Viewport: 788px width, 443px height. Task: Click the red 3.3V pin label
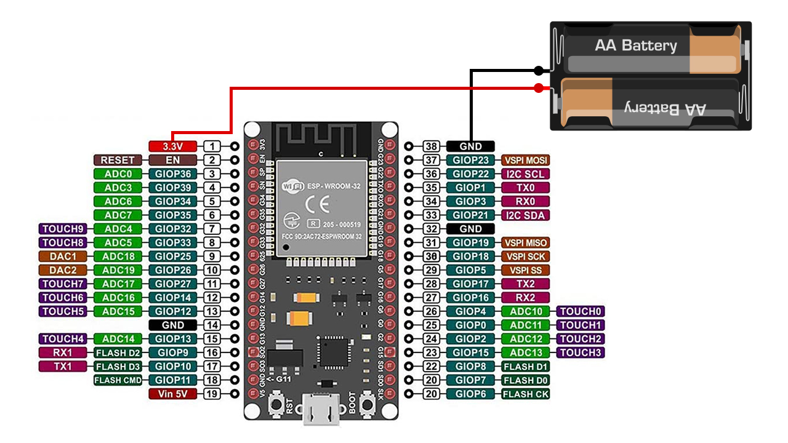pos(173,146)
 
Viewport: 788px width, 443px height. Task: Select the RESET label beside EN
pos(117,160)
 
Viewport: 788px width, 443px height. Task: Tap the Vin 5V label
pos(173,394)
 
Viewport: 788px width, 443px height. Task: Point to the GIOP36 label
pos(173,174)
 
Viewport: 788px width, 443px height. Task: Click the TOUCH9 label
pos(63,229)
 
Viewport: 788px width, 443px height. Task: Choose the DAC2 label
pos(63,270)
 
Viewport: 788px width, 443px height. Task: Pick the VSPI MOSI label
pos(526,160)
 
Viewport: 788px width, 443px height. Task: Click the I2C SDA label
pos(526,215)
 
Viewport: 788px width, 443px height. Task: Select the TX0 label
pos(526,188)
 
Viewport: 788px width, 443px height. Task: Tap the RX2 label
pos(526,298)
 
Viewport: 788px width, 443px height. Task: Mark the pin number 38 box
pos(432,146)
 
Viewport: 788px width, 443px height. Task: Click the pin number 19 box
pos(212,394)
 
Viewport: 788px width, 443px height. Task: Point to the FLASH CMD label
pos(118,380)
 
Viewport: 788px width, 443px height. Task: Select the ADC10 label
pos(526,311)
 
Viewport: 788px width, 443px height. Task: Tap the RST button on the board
pos(275,404)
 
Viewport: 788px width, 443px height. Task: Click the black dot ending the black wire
pos(539,70)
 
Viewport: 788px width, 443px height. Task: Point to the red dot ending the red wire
pos(539,88)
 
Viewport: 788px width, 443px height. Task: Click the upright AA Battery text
pos(635,46)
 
